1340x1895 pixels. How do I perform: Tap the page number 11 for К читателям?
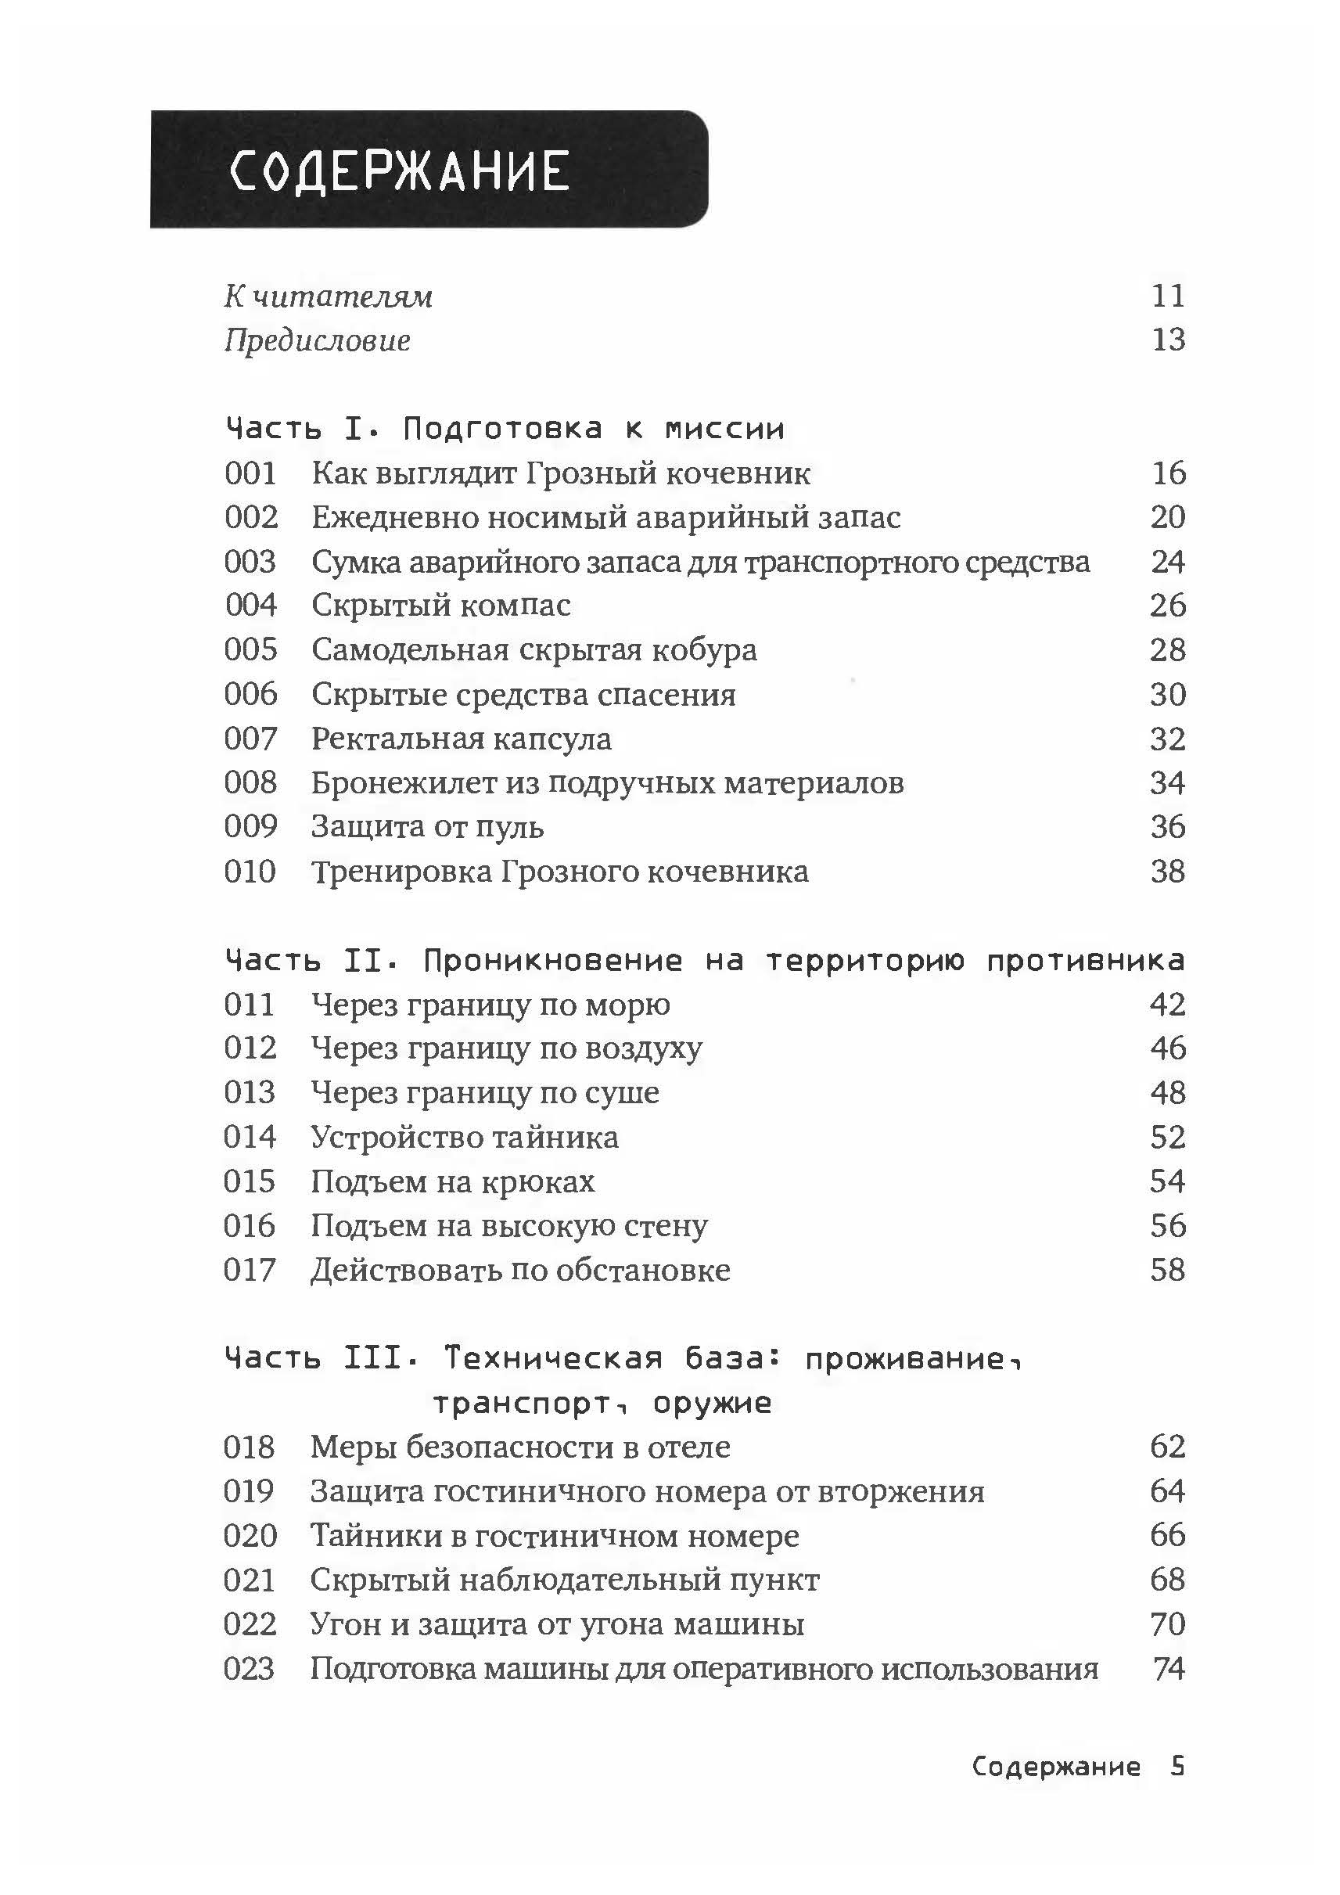(x=1168, y=296)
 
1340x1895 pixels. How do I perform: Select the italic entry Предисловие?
(x=318, y=340)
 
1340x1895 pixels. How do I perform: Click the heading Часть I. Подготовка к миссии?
(x=504, y=428)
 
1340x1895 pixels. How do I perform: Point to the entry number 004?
(x=251, y=605)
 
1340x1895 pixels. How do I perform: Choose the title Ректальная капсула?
(x=462, y=739)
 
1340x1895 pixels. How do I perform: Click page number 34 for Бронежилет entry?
(x=1168, y=782)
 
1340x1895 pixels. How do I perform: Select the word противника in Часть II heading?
(x=1085, y=960)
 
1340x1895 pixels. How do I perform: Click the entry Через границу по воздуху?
(x=506, y=1048)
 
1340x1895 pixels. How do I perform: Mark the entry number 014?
(x=250, y=1138)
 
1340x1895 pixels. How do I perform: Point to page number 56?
(x=1168, y=1225)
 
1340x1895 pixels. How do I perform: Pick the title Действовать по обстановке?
(x=520, y=1270)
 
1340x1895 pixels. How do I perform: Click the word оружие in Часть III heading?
(x=711, y=1403)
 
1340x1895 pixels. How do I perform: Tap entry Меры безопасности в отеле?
(x=520, y=1447)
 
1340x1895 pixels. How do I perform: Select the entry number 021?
(x=250, y=1580)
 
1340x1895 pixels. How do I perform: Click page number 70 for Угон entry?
(x=1168, y=1624)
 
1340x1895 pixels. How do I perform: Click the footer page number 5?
(x=1177, y=1767)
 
